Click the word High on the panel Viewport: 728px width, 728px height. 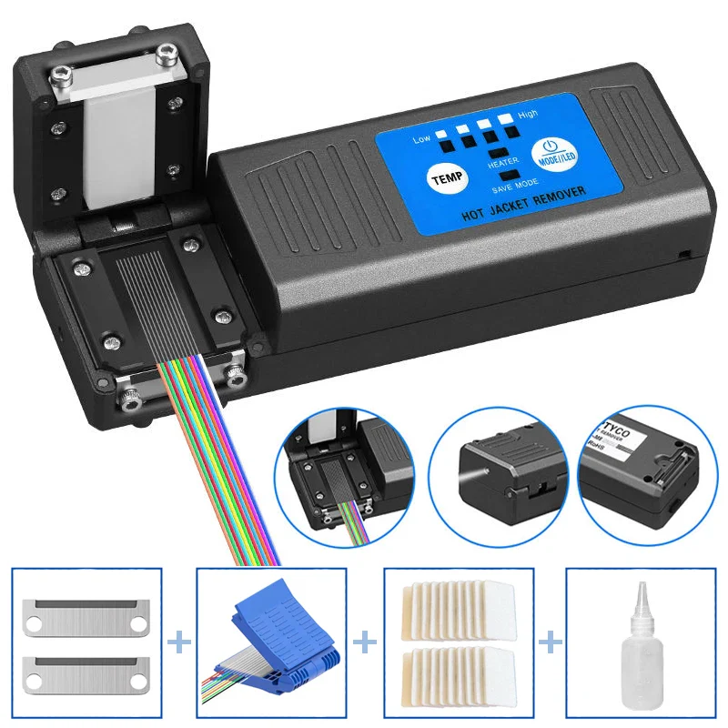tap(528, 116)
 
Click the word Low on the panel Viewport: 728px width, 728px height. tap(420, 139)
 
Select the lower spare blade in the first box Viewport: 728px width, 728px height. tap(86, 672)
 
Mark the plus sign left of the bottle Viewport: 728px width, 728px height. tap(549, 643)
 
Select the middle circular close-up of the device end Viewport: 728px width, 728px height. tap(502, 470)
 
